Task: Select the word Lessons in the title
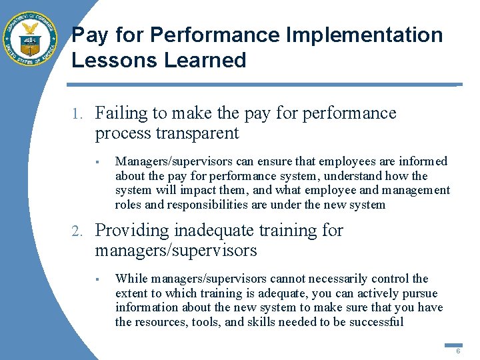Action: (110, 60)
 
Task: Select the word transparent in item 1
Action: (197, 133)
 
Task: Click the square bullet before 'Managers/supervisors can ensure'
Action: (97, 161)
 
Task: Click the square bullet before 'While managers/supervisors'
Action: (97, 279)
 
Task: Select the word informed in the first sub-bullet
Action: (425, 161)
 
